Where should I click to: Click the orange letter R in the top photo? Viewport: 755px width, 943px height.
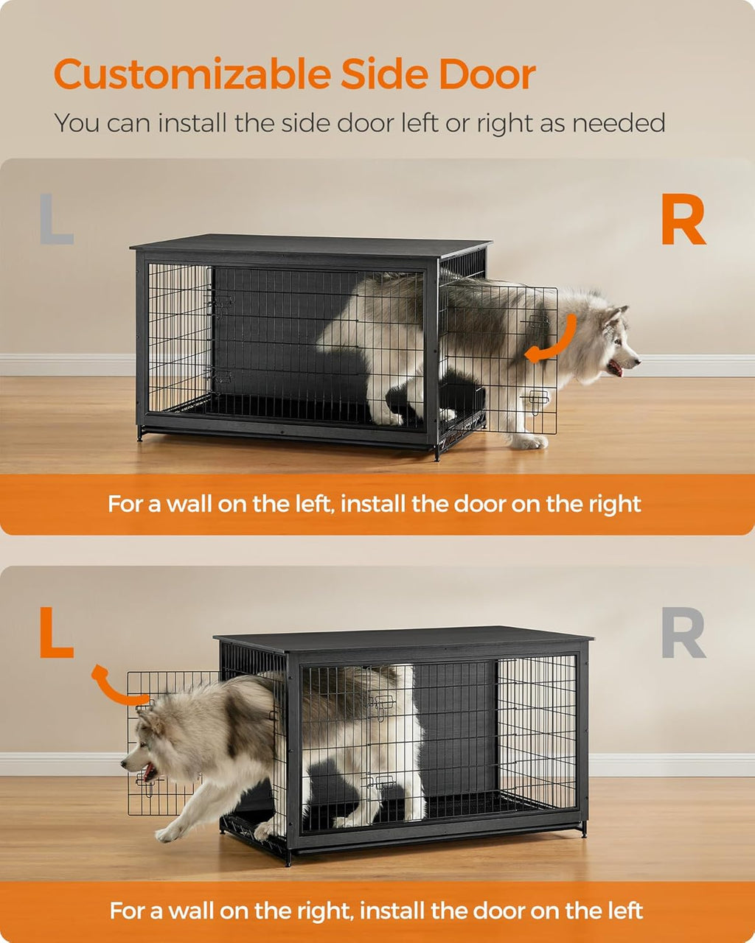click(683, 222)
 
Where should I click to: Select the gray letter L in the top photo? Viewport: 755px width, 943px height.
click(57, 219)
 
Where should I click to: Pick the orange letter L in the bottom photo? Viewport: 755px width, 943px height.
click(57, 633)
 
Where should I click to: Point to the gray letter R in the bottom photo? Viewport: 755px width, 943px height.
click(683, 633)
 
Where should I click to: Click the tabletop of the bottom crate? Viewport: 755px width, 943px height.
click(406, 638)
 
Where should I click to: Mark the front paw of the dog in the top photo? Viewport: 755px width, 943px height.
click(529, 442)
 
